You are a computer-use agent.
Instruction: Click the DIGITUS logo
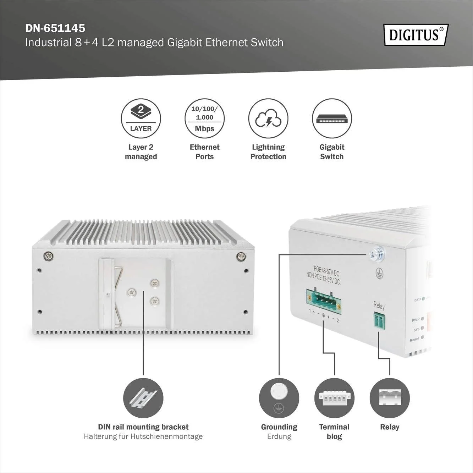pos(416,35)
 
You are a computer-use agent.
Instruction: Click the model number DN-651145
pos(55,28)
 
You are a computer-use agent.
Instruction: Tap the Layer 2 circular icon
pos(141,118)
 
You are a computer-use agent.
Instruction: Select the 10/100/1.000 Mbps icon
pos(204,118)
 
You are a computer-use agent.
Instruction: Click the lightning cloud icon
pos(268,118)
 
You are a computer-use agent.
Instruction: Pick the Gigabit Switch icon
pos(332,118)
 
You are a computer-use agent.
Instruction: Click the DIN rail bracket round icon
pos(143,398)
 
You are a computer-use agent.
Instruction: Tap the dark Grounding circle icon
pos(279,398)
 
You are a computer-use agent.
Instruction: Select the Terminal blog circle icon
pos(334,398)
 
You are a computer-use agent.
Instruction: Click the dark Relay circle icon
pos(390,398)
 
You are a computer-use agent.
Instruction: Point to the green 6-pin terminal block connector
pos(324,302)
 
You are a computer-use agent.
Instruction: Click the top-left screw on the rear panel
pos(48,256)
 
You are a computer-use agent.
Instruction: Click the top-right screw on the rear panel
pos(241,256)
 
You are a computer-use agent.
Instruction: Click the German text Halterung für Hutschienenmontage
pos(143,436)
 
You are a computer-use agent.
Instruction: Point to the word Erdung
pos(279,436)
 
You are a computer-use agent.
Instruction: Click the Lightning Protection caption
pos(268,152)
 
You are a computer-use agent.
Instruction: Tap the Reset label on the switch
pos(414,340)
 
